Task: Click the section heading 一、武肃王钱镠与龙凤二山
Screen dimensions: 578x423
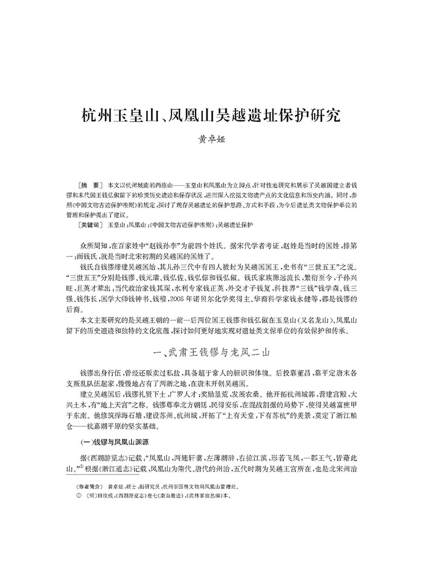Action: point(211,352)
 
